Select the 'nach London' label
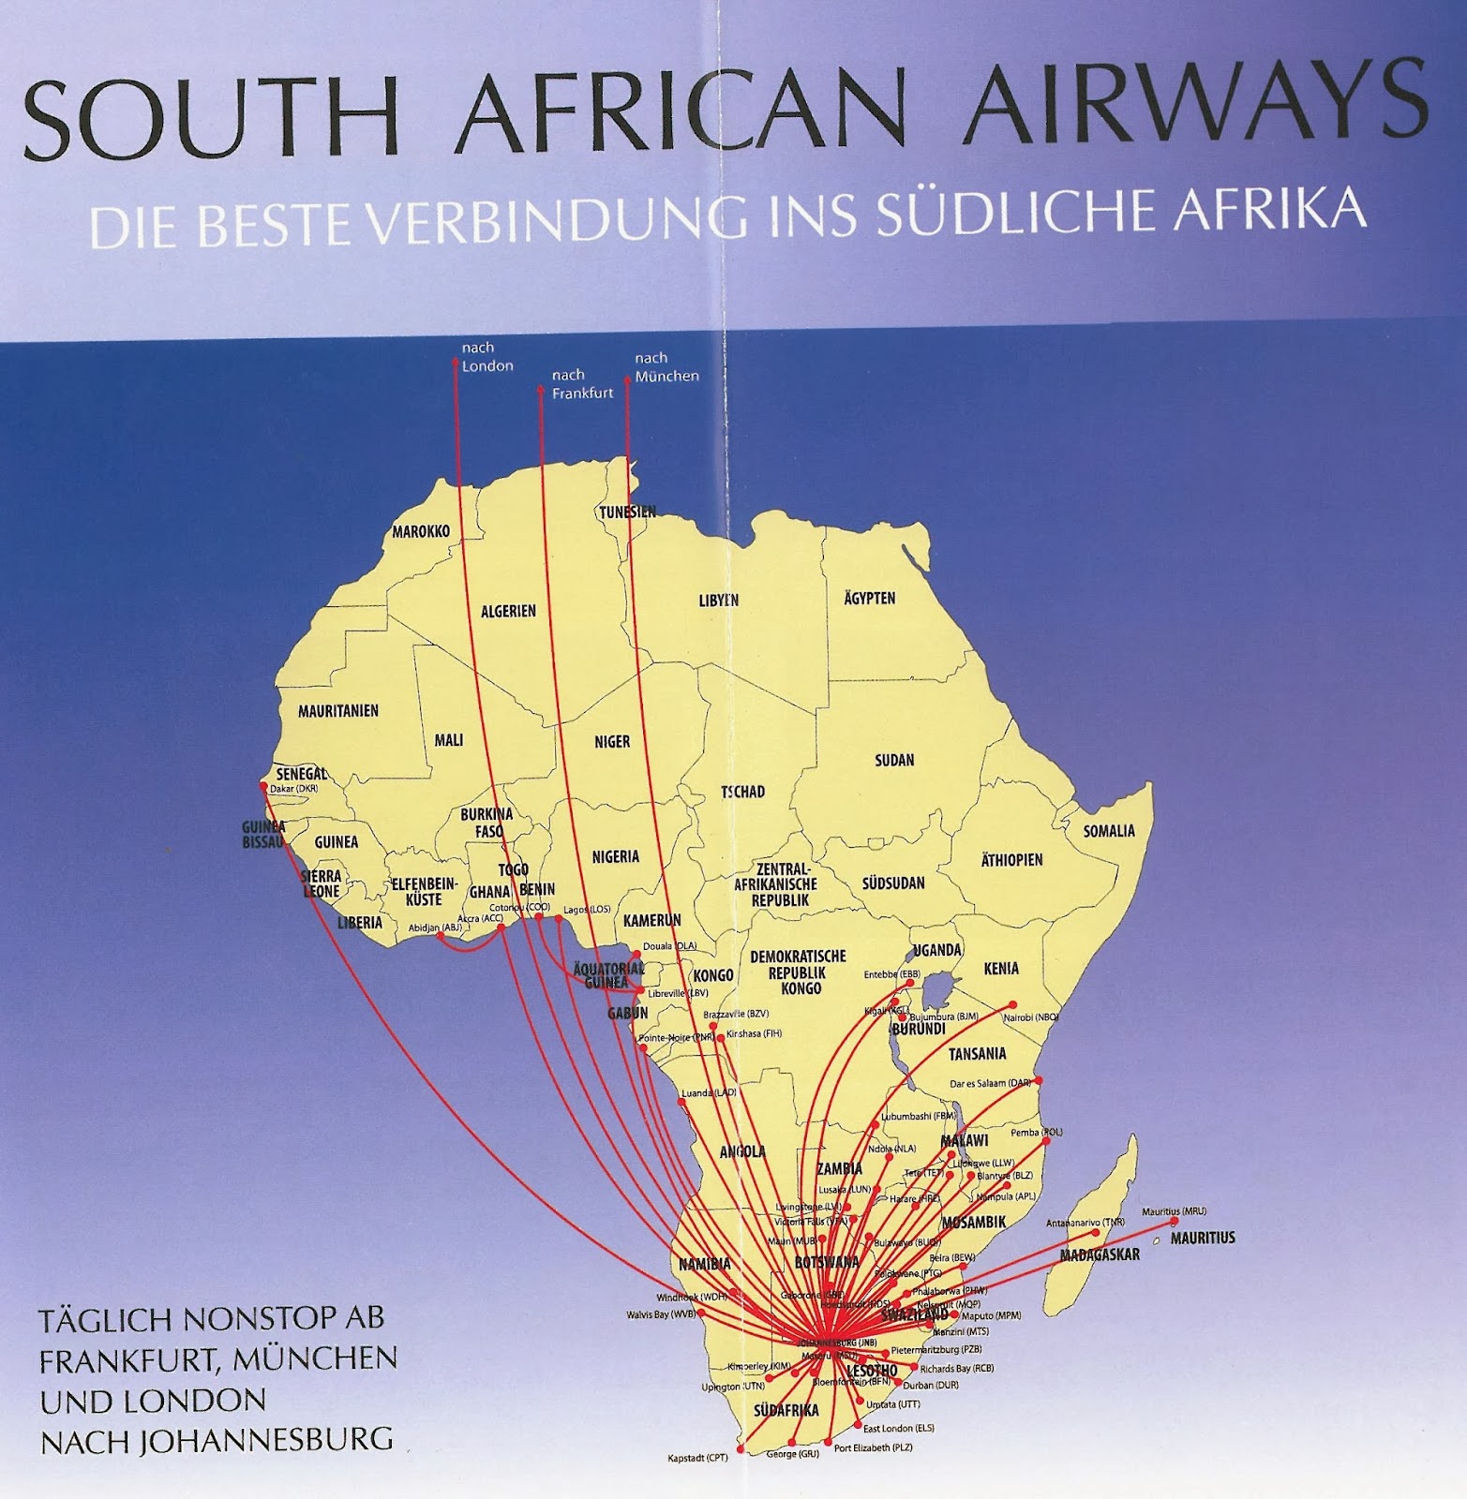pyautogui.click(x=487, y=357)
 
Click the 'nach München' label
pyautogui.click(x=666, y=367)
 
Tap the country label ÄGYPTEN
pyautogui.click(x=869, y=598)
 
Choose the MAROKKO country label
pyautogui.click(x=421, y=531)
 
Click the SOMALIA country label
pyautogui.click(x=1108, y=831)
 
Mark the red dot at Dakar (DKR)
pyautogui.click(x=265, y=786)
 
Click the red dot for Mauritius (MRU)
pyautogui.click(x=1174, y=1222)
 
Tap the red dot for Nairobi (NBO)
pyautogui.click(x=1012, y=1004)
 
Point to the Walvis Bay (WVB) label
pyautogui.click(x=661, y=1314)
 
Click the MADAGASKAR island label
pyautogui.click(x=1100, y=1254)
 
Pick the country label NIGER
pyautogui.click(x=612, y=741)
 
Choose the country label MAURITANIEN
pyautogui.click(x=338, y=711)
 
